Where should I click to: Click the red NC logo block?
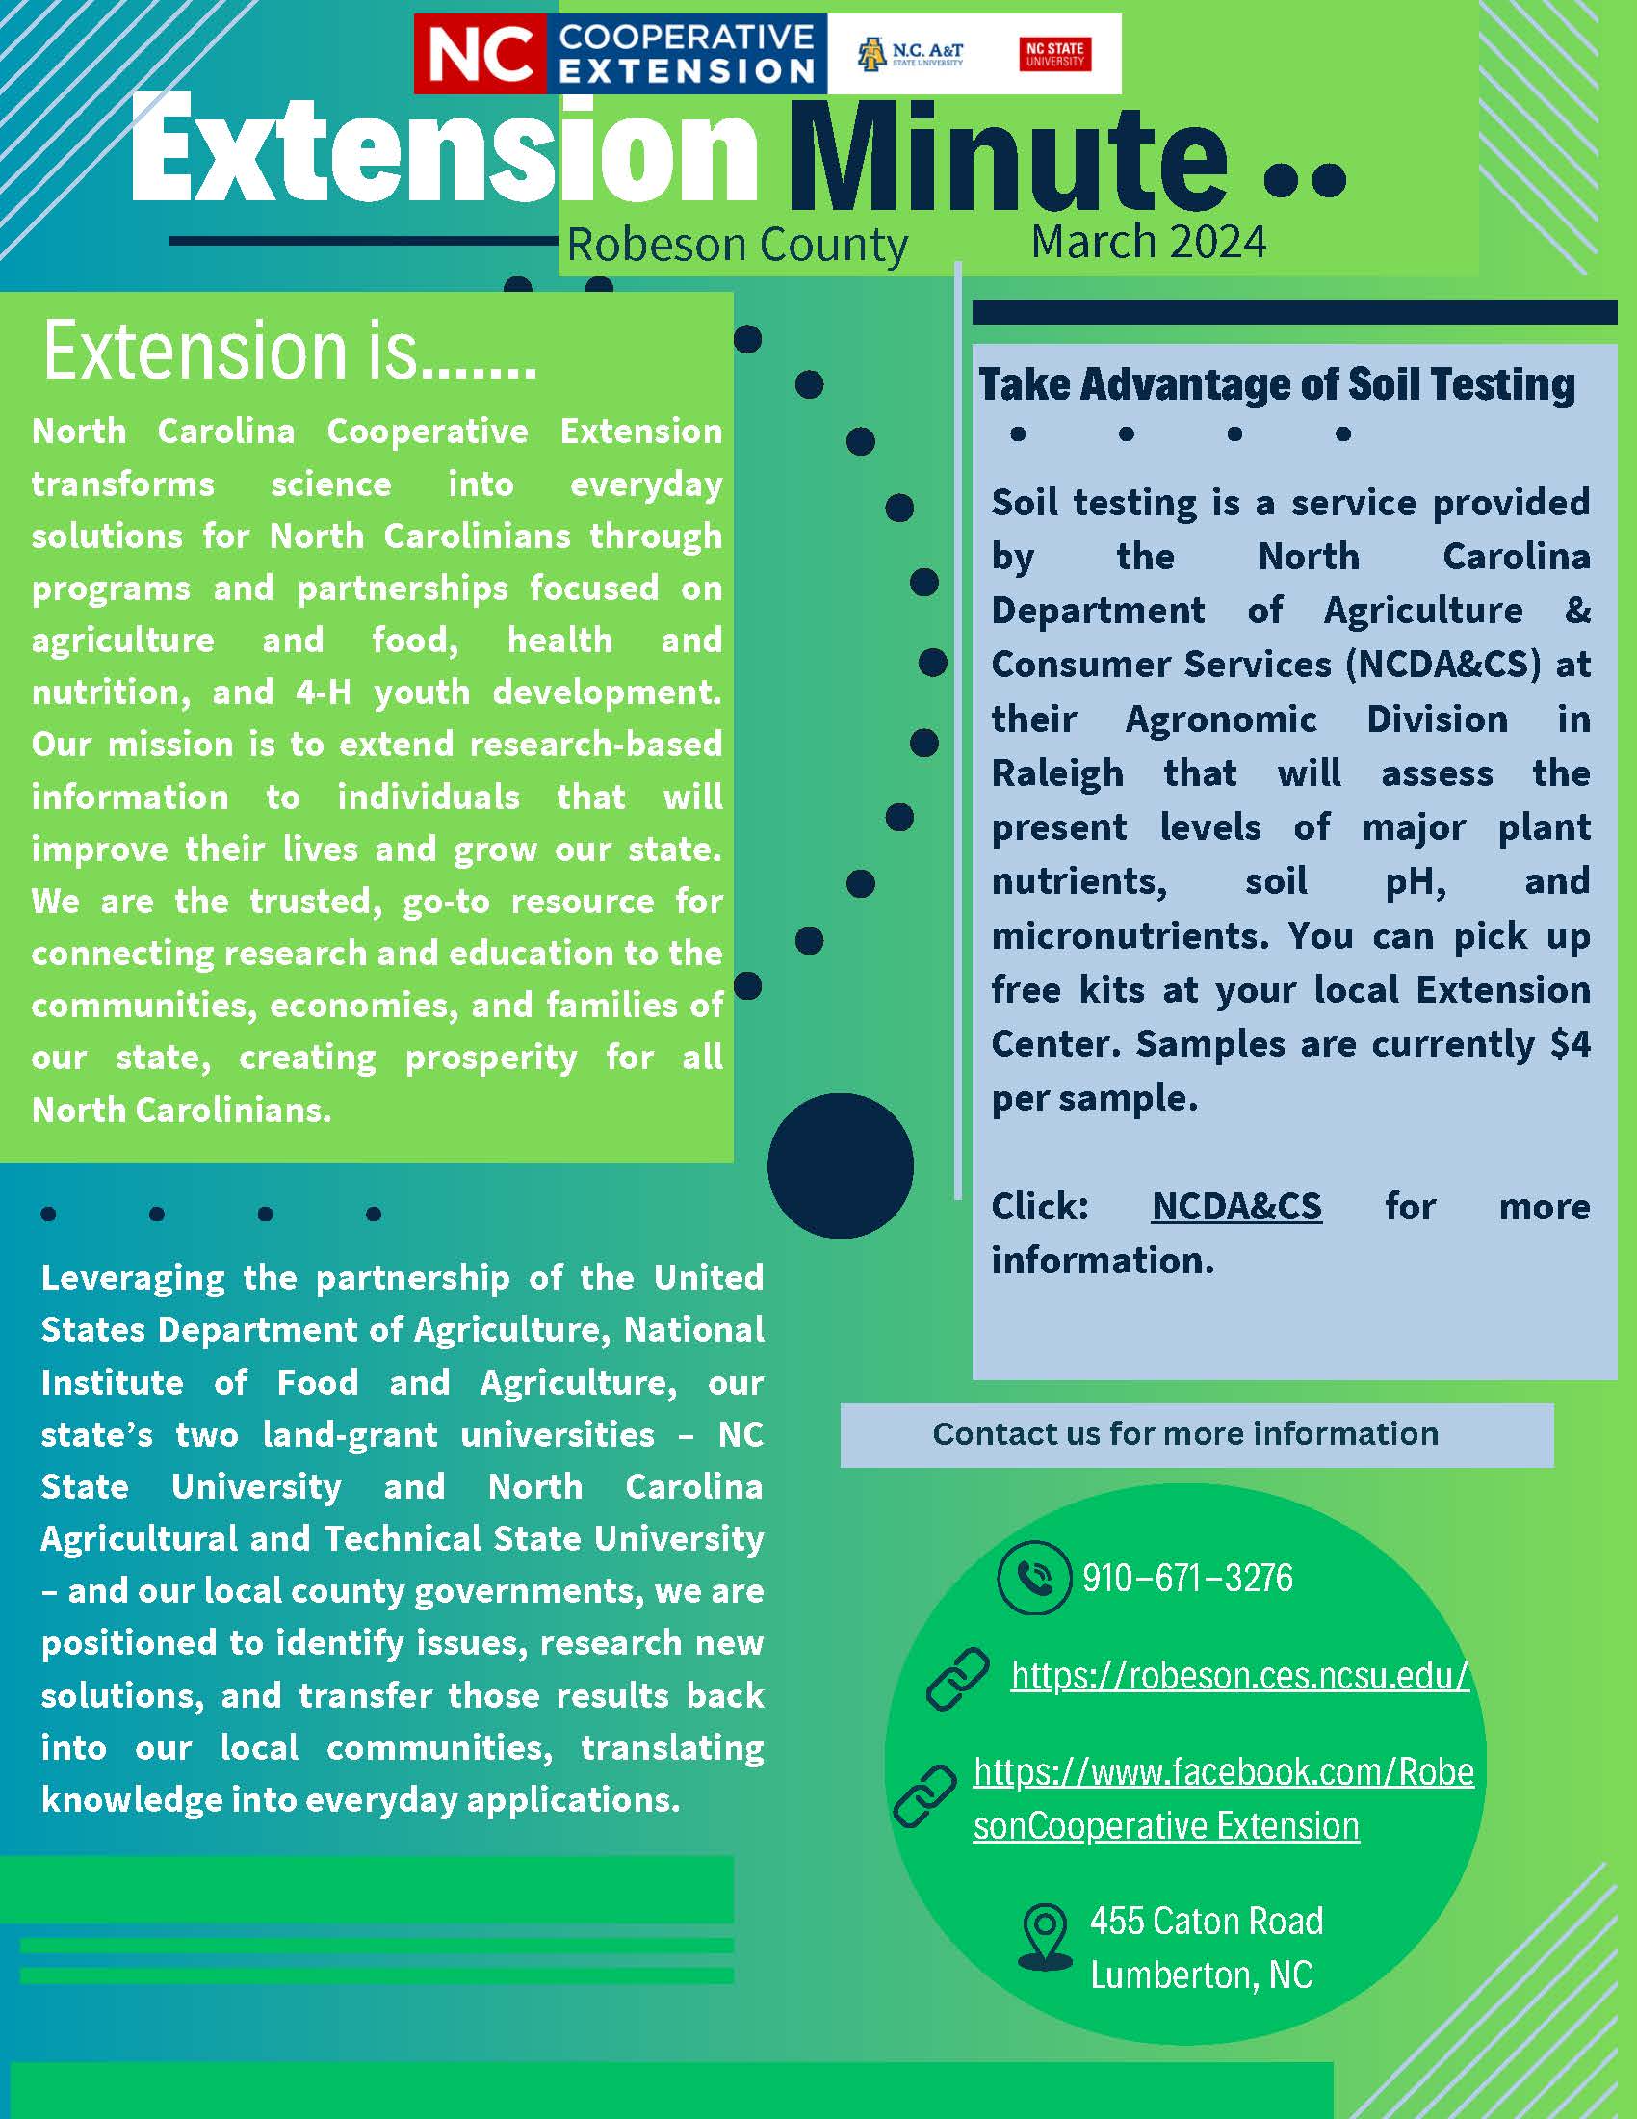click(x=481, y=54)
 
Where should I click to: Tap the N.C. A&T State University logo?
click(x=910, y=54)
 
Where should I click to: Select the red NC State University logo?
click(x=1055, y=54)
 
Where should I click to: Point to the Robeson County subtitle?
click(x=737, y=245)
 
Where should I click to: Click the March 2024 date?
click(x=1148, y=242)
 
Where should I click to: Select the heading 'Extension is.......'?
click(x=289, y=352)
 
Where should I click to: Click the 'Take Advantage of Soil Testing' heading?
click(x=1276, y=384)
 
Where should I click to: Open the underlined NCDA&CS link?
click(x=1236, y=1206)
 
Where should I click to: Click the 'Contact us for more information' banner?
click(x=1185, y=1434)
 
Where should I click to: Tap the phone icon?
click(x=1034, y=1578)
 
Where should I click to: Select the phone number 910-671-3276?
click(x=1188, y=1579)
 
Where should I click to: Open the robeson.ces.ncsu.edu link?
click(x=1240, y=1676)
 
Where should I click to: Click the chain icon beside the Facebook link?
click(x=924, y=1796)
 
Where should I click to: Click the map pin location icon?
click(x=1045, y=1937)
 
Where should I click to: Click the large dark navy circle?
click(x=840, y=1165)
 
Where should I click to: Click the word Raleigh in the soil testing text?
click(x=1057, y=774)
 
